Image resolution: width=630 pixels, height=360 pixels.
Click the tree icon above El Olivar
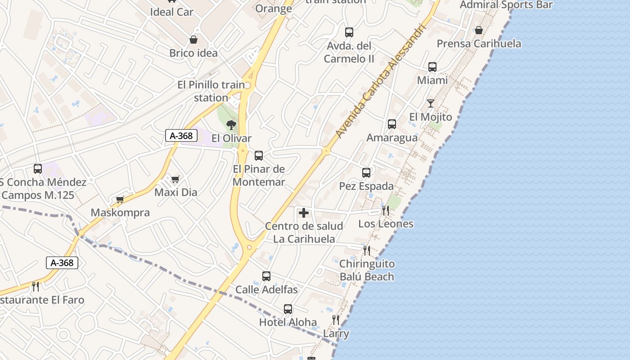point(231,125)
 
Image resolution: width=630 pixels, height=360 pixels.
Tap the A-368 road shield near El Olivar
point(181,135)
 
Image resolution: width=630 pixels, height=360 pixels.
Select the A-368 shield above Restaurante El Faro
point(62,263)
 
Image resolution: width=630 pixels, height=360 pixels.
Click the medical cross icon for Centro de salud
point(304,213)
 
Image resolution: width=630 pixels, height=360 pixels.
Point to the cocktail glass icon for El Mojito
point(431,103)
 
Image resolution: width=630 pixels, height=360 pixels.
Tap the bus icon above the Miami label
point(432,67)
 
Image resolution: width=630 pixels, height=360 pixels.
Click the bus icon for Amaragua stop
point(392,124)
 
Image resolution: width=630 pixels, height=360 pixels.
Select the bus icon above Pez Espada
point(366,172)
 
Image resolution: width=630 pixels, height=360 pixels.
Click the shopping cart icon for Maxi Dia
point(175,179)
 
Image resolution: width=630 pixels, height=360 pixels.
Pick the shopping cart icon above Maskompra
point(120,199)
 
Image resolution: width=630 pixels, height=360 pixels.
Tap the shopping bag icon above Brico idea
point(193,40)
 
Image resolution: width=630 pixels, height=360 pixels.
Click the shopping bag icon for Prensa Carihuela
point(479,30)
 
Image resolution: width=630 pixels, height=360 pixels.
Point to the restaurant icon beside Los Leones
point(386,210)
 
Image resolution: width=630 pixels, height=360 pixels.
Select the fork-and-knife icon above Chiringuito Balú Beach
point(367,250)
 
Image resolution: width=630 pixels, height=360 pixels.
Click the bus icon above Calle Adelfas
point(266,276)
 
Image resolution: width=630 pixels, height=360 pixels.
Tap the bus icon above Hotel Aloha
point(288,309)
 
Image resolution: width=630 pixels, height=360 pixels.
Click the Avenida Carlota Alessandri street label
point(381,81)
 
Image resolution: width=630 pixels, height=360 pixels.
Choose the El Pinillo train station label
point(211,91)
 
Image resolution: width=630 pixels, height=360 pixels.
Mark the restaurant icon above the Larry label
point(336,320)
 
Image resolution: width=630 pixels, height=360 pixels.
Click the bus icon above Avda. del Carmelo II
point(349,32)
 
